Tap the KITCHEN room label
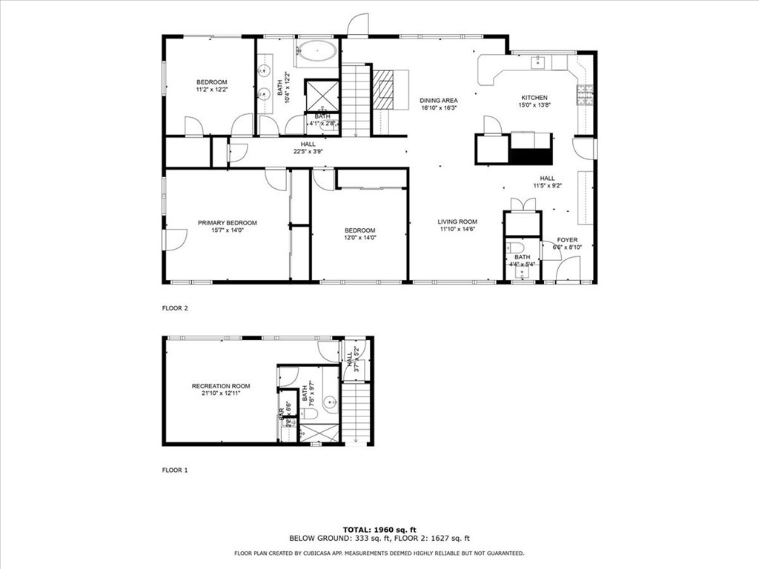tap(534, 98)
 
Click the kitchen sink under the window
tap(539, 62)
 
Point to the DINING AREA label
tap(438, 101)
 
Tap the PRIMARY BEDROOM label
tap(227, 223)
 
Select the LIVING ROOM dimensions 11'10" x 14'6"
tap(457, 230)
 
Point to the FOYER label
tap(567, 240)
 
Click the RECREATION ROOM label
tap(221, 386)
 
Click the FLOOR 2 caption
tap(175, 308)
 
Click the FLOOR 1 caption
tap(175, 470)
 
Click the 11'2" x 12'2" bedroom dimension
tap(211, 90)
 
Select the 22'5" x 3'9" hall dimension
tap(306, 152)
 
